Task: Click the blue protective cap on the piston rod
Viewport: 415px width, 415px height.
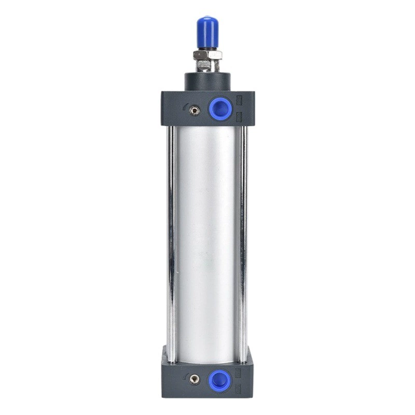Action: point(206,32)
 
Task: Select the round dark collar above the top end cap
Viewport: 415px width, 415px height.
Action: point(207,81)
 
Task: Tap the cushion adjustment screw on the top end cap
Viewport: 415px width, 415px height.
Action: point(195,110)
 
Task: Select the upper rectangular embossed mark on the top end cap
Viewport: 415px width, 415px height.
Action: point(239,101)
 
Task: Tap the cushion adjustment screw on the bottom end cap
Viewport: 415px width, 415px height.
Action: point(195,380)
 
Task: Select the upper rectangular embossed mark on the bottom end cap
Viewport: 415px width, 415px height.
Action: point(240,371)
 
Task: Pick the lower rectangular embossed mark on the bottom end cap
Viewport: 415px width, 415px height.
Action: point(240,386)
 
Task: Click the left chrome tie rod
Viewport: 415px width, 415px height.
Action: point(170,233)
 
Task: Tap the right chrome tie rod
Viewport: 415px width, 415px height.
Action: point(243,233)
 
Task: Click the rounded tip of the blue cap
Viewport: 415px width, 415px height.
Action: point(206,20)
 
